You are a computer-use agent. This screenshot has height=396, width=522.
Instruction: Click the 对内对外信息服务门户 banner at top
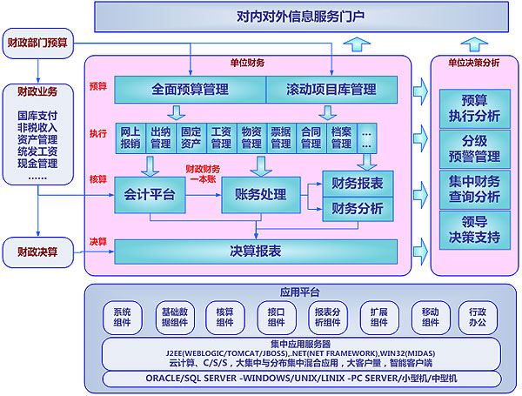[299, 16]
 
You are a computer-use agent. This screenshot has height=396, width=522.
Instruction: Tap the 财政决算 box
[37, 252]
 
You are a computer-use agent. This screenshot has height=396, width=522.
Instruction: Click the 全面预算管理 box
[190, 89]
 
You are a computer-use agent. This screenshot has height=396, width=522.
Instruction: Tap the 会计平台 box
[150, 195]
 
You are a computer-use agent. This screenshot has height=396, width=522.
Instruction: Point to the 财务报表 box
[358, 183]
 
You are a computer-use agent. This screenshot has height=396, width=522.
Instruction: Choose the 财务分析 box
[358, 208]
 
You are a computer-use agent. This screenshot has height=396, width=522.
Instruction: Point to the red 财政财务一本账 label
[201, 173]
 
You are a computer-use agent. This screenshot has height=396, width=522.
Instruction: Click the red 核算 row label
[97, 179]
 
